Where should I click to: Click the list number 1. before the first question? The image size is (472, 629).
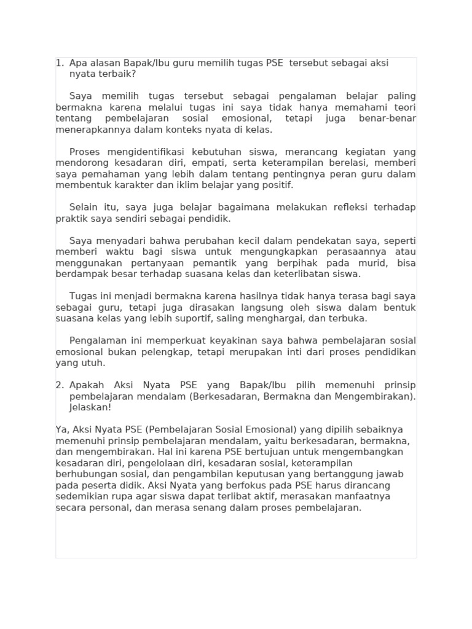pyautogui.click(x=60, y=63)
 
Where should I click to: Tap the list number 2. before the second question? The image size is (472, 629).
pyautogui.click(x=60, y=385)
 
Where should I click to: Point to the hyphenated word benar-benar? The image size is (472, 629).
pyautogui.click(x=387, y=119)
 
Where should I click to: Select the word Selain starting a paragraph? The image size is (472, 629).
pyautogui.click(x=83, y=208)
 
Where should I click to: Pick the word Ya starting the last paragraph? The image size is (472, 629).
pyautogui.click(x=61, y=430)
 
